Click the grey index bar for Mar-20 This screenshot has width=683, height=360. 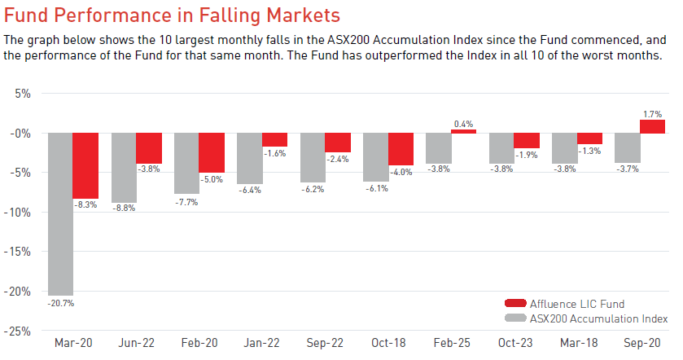pos(60,214)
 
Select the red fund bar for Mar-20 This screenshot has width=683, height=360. pos(85,165)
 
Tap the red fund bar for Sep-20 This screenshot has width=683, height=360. pos(653,126)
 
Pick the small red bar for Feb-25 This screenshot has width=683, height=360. pos(463,131)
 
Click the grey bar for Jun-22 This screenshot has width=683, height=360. pos(124,168)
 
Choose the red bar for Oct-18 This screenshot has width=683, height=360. pos(401,149)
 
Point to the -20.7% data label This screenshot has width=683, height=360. pos(60,303)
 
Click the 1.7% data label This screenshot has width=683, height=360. pos(653,114)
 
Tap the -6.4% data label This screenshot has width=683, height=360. pos(250,190)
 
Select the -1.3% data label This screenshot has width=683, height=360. pos(589,151)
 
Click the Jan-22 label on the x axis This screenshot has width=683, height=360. pos(261,343)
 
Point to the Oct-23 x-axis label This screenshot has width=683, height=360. pos(515,343)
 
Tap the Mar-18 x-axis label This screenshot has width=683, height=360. pos(579,343)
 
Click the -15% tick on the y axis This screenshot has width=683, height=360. pos(17,252)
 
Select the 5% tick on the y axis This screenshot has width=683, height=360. pos(23,94)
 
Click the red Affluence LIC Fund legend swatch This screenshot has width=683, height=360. pos(515,303)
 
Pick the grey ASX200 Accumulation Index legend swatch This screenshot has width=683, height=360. pos(515,318)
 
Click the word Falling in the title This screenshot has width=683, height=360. pos(230,15)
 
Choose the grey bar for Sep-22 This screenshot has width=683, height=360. pos(313,158)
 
